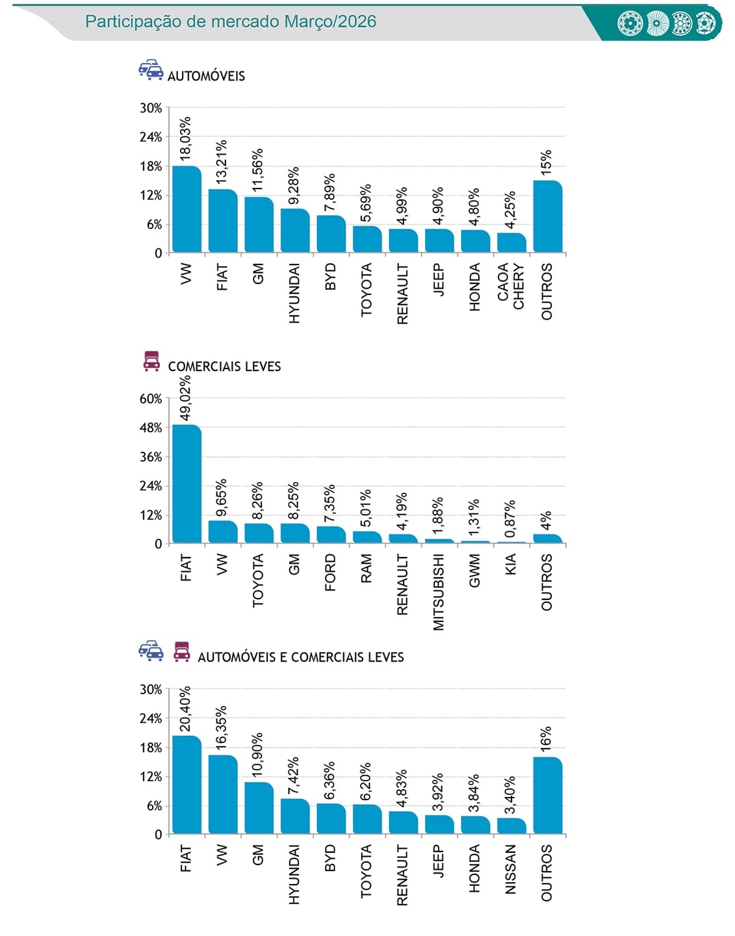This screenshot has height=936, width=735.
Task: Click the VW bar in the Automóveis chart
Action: (x=187, y=209)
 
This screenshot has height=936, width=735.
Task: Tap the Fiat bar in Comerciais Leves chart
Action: (x=187, y=484)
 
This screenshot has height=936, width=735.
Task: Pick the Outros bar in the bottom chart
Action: (x=547, y=796)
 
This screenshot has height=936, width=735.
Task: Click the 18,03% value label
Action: (x=186, y=138)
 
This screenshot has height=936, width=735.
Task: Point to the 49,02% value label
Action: (x=186, y=398)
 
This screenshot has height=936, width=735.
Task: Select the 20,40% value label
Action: (x=186, y=708)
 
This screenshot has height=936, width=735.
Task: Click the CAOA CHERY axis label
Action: (x=511, y=286)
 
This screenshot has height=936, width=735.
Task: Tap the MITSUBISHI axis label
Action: (x=439, y=591)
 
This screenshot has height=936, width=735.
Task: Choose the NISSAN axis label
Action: (x=511, y=869)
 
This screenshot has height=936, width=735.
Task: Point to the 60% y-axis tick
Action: (x=151, y=398)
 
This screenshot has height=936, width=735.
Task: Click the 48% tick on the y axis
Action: (x=151, y=428)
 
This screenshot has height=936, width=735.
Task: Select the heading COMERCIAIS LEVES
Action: (x=224, y=367)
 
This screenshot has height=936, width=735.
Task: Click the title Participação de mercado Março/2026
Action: (x=231, y=21)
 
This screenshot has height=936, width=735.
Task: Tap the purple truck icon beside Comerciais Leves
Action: (x=151, y=361)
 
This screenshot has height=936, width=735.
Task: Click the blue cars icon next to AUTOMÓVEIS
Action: (x=151, y=70)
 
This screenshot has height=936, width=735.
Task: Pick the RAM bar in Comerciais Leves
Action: (x=367, y=538)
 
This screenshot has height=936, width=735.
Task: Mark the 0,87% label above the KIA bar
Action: (x=511, y=515)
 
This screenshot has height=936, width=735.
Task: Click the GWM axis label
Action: (x=475, y=571)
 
